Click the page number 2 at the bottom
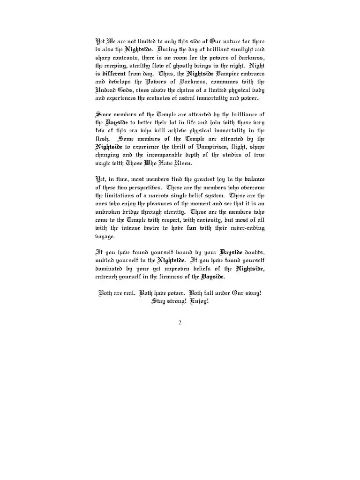[x=180, y=322]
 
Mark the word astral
[x=195, y=99]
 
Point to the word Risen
[x=183, y=164]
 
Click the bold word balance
[x=255, y=180]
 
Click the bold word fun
[x=191, y=228]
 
